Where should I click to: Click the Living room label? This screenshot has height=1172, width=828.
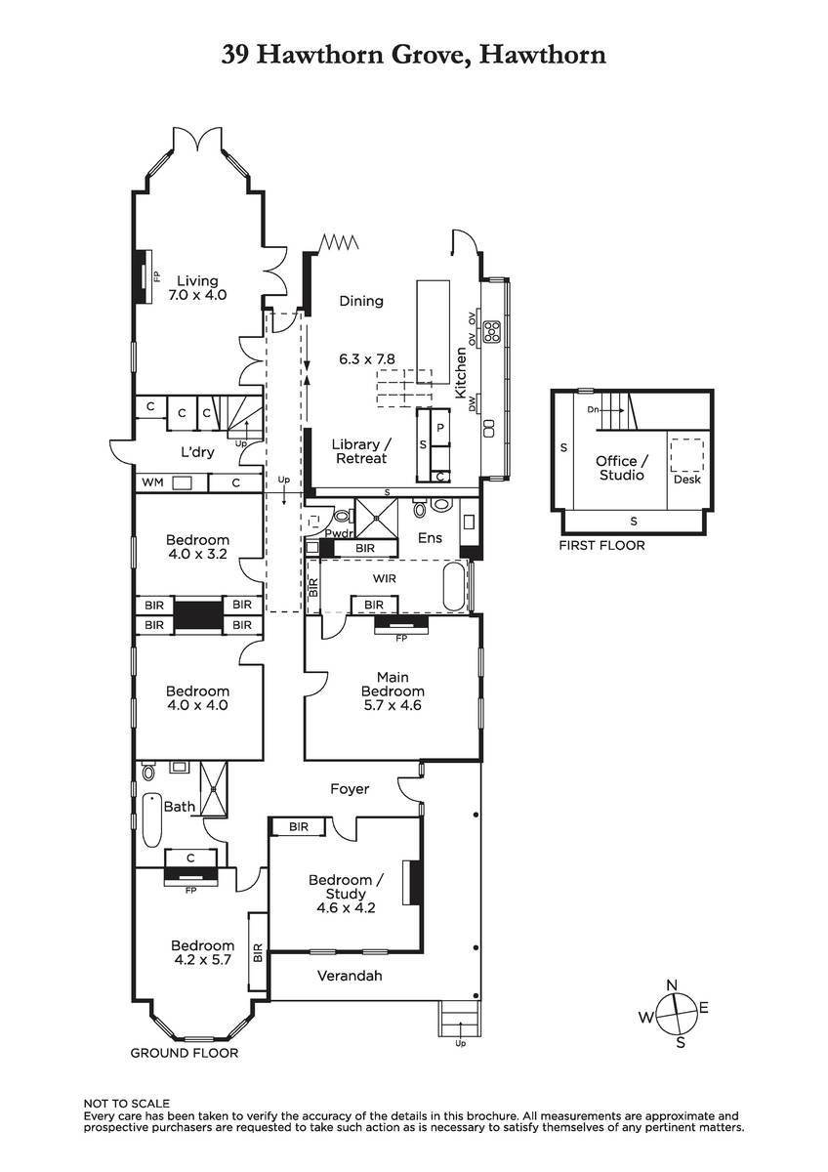(x=197, y=288)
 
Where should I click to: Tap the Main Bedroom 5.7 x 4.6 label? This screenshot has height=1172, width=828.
(x=393, y=691)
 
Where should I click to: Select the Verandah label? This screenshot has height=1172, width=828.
(x=350, y=976)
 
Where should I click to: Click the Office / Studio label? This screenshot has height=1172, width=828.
(x=622, y=468)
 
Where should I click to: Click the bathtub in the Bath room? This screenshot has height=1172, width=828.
(x=152, y=819)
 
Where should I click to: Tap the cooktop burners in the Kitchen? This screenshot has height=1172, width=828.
(x=493, y=332)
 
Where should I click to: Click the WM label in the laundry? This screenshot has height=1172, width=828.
(x=152, y=481)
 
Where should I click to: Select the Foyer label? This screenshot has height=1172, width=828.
(x=350, y=788)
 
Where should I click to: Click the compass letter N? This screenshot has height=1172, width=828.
(x=672, y=985)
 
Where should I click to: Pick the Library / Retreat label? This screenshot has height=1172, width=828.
(x=361, y=451)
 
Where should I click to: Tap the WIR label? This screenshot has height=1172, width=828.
(x=385, y=578)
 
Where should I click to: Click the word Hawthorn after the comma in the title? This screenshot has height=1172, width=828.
(x=543, y=55)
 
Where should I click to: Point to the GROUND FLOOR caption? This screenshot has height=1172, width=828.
(x=185, y=1053)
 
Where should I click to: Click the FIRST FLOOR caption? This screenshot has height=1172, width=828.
(x=601, y=545)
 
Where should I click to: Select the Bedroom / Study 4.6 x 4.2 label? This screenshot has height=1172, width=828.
(x=346, y=894)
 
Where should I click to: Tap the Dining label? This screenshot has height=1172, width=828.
(x=361, y=301)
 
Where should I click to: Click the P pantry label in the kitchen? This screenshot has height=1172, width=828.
(x=440, y=428)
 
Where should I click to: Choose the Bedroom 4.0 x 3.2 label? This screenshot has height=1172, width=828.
(x=197, y=547)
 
